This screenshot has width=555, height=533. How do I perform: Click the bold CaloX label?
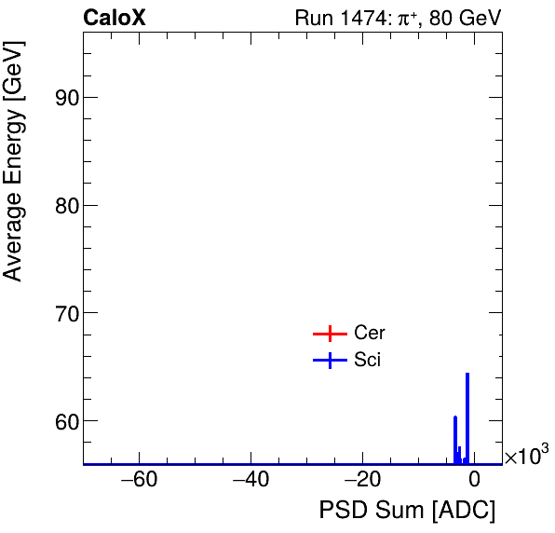[x=115, y=19]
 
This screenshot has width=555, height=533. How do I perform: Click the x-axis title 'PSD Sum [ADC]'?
[x=407, y=511]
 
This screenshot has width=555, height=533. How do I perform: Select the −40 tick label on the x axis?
[x=250, y=481]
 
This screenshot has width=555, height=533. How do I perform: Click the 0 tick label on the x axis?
[x=473, y=481]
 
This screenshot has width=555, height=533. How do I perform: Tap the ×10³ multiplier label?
[x=526, y=456]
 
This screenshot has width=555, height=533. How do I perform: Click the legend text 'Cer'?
[x=370, y=334]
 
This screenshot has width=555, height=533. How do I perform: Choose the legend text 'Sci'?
[x=368, y=361]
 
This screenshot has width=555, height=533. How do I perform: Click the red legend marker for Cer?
[x=330, y=334]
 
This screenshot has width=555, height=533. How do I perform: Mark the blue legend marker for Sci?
[x=330, y=361]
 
